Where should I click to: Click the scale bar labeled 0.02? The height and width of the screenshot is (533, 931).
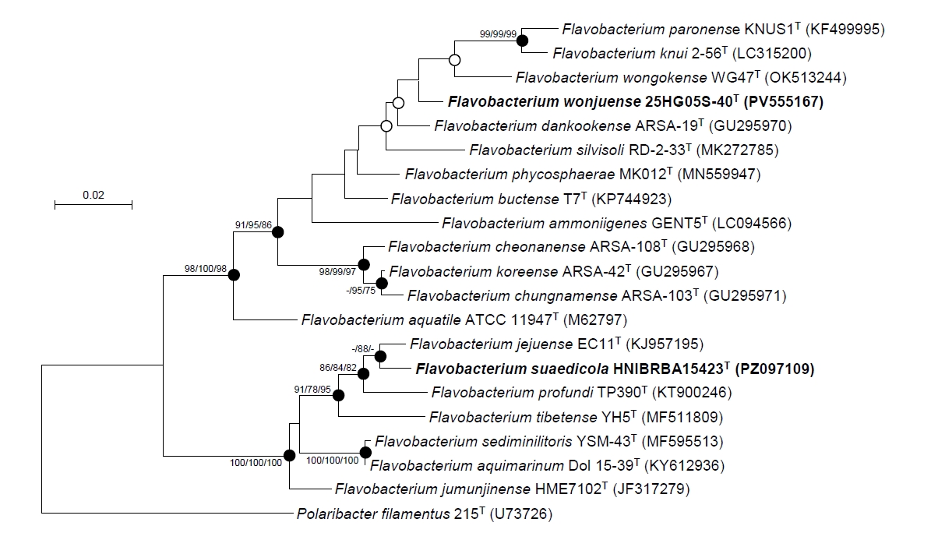pos(93,204)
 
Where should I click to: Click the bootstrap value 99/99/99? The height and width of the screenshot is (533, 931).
pos(498,34)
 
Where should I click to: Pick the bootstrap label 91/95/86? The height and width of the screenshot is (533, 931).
pos(253,225)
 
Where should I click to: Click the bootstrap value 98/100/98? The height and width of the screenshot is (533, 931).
pos(206,269)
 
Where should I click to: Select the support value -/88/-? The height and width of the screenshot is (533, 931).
pos(362,349)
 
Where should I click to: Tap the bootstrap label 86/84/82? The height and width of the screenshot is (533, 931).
pos(338,368)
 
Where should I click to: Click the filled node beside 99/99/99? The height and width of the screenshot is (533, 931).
pos(522,41)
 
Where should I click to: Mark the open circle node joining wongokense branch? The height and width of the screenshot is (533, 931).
pos(455,60)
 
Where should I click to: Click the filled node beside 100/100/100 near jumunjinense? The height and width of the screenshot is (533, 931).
pos(289,456)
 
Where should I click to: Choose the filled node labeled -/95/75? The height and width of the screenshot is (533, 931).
pos(382,284)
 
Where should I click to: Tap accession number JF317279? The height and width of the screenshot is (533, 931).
pos(651,489)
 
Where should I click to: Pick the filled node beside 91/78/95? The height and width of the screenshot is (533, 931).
pos(338,395)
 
